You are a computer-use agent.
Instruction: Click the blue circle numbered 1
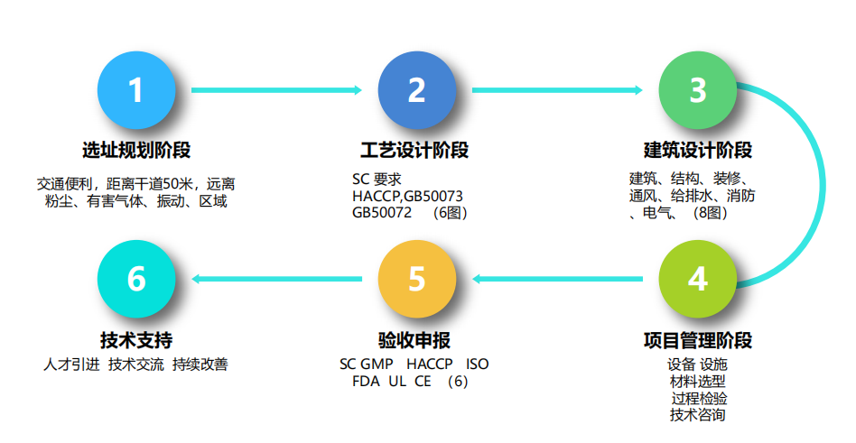tap(135, 90)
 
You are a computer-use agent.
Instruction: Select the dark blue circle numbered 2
tap(416, 90)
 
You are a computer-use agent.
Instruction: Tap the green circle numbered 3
tap(697, 90)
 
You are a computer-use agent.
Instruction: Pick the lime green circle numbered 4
tap(697, 279)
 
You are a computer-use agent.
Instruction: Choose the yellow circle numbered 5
tap(416, 279)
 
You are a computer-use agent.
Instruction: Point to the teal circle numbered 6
tap(135, 279)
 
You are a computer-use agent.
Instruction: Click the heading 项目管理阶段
tap(697, 340)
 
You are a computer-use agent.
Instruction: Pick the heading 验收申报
tap(414, 340)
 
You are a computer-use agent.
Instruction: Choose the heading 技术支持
tap(135, 340)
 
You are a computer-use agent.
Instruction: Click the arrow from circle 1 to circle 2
tap(275, 90)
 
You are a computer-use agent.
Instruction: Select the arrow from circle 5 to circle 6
tap(275, 279)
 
